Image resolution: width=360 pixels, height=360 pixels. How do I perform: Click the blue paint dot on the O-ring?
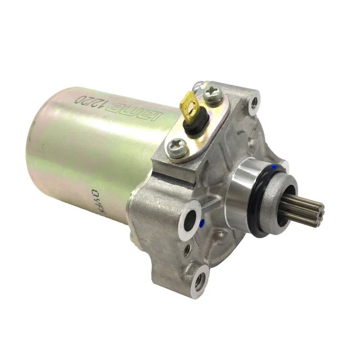(x=274, y=166)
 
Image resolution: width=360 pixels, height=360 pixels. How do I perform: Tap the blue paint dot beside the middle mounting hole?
(x=202, y=222)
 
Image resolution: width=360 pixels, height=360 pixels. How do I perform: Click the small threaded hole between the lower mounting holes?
(x=186, y=251)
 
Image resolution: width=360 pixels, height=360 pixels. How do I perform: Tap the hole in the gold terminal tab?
(x=192, y=103)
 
